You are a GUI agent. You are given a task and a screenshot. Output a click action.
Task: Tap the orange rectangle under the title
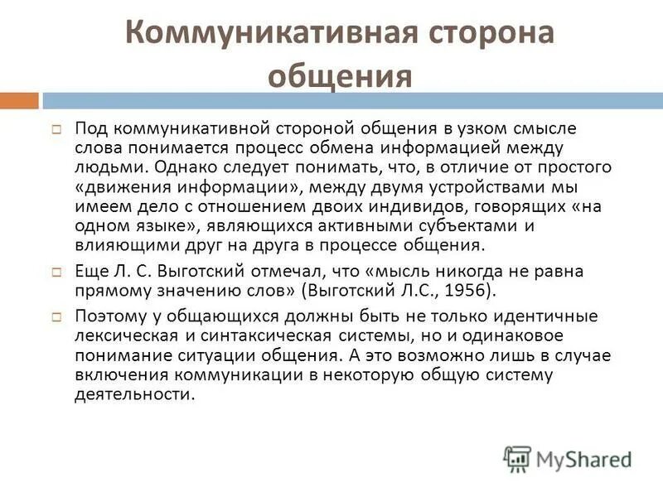[19, 100]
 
